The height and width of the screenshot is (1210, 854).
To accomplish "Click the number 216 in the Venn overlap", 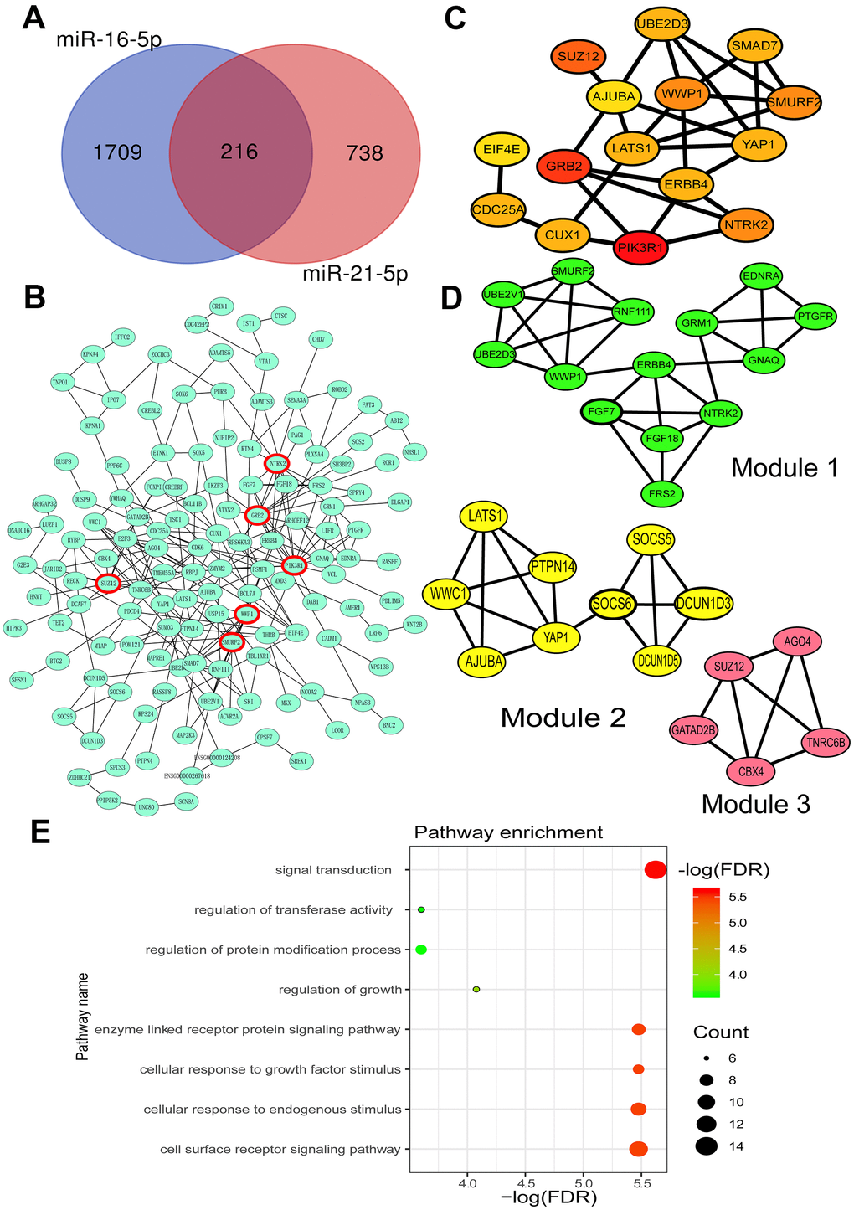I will pyautogui.click(x=239, y=152).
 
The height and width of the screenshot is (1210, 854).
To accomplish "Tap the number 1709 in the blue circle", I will pyautogui.click(x=117, y=153).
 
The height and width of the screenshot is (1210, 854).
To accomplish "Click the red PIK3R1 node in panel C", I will pyautogui.click(x=640, y=249).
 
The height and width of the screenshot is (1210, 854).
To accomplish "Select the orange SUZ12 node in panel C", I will pyautogui.click(x=579, y=59).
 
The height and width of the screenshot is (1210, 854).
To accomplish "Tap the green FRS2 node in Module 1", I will pyautogui.click(x=662, y=493).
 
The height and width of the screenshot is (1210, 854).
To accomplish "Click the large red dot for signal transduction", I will pyautogui.click(x=656, y=870).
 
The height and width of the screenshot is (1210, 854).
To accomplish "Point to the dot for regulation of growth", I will pyautogui.click(x=476, y=990).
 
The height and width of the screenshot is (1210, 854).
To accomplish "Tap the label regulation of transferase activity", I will pyautogui.click(x=293, y=909).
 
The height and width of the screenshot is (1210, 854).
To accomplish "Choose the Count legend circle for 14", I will pyautogui.click(x=707, y=1146).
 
